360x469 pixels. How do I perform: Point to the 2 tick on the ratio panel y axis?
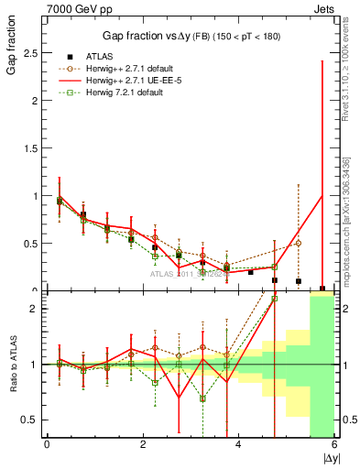click(34, 309)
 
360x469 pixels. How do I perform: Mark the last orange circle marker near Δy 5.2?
click(299, 243)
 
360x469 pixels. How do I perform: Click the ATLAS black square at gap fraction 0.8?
click(83, 214)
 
